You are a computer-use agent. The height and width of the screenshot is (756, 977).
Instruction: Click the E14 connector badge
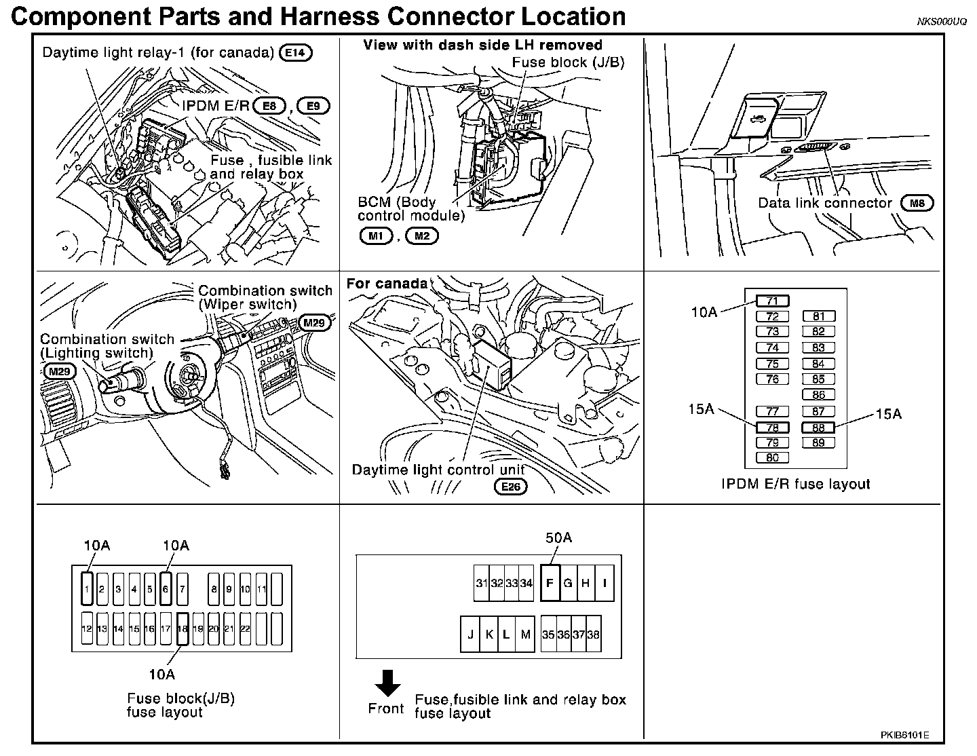(x=296, y=52)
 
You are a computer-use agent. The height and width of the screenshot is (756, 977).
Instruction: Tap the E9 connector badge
(x=313, y=106)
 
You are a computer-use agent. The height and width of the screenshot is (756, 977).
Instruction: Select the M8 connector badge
(x=917, y=202)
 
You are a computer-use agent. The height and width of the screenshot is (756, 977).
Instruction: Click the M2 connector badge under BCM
(x=422, y=235)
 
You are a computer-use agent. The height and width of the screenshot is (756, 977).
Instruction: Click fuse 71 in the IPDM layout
(x=772, y=301)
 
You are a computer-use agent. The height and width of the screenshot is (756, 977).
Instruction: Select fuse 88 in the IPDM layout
(x=818, y=428)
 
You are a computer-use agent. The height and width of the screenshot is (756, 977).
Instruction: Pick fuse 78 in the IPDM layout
(x=772, y=428)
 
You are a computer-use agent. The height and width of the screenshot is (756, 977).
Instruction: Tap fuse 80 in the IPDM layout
(x=772, y=457)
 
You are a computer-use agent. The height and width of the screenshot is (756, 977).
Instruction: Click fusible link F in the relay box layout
(x=550, y=583)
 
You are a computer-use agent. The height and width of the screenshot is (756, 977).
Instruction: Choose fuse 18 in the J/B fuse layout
(x=182, y=628)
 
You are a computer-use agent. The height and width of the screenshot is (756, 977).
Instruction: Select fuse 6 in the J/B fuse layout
(x=166, y=589)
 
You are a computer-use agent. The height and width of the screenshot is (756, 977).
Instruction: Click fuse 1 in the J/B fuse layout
(x=87, y=589)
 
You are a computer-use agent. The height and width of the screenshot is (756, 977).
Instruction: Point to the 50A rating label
(x=558, y=538)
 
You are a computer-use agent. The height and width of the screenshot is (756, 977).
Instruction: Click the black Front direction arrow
(x=388, y=683)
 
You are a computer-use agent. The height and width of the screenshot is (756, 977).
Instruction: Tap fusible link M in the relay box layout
(x=524, y=635)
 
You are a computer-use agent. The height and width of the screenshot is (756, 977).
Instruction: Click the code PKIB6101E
(x=906, y=735)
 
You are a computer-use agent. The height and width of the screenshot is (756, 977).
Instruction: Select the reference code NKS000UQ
(x=942, y=22)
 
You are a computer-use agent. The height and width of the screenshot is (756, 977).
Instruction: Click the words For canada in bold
(x=387, y=284)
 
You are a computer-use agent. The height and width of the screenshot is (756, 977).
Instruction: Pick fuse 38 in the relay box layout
(x=594, y=635)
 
